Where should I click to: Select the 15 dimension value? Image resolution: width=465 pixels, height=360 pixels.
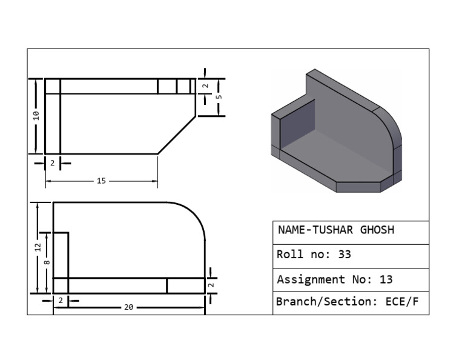click(101, 181)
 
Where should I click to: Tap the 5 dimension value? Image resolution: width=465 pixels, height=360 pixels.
click(219, 96)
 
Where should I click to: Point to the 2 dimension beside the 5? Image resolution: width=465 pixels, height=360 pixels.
click(206, 86)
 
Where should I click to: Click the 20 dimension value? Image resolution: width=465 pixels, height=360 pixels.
click(128, 307)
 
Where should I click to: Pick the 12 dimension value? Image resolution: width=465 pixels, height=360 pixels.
click(38, 247)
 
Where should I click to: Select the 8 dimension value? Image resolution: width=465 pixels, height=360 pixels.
click(47, 262)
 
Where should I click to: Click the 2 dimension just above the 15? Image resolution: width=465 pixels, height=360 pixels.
click(52, 163)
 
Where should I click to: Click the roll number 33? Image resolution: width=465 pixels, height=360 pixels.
click(344, 255)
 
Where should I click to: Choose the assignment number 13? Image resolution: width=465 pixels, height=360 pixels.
click(386, 279)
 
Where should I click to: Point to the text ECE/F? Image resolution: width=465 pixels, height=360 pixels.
click(401, 301)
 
